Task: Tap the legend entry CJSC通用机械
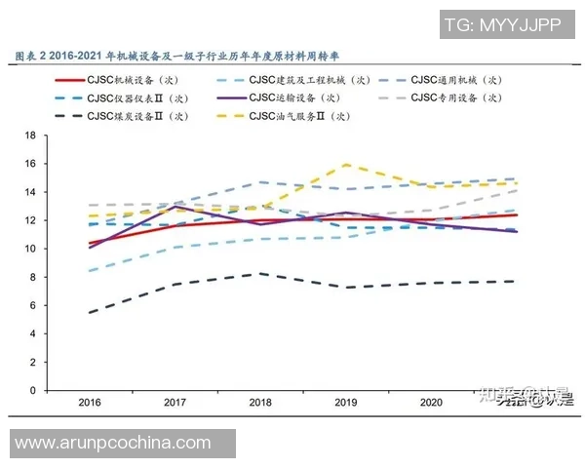[x=455, y=79]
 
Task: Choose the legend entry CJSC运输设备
[x=293, y=97]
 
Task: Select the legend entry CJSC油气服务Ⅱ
[x=298, y=116]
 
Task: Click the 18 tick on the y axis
[x=30, y=136]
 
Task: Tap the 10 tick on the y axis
[x=30, y=249]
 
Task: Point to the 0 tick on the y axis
[x=33, y=390]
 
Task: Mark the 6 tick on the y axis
[x=33, y=305]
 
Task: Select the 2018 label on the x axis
[x=260, y=402]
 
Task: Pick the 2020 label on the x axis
[x=429, y=402]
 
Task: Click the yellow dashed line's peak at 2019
[x=346, y=165]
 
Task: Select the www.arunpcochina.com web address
[x=113, y=443]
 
